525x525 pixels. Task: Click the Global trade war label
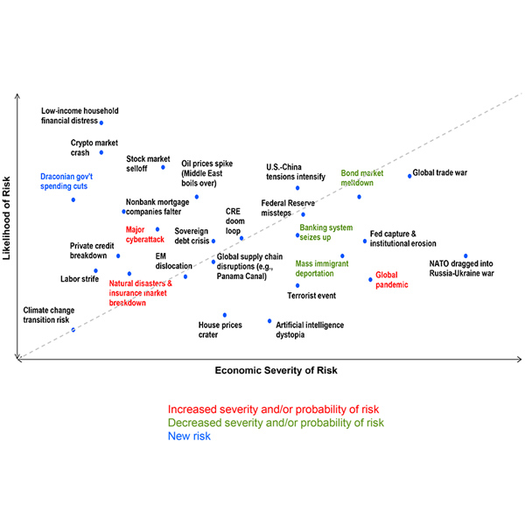[439, 172]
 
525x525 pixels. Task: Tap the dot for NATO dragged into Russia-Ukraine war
[465, 256]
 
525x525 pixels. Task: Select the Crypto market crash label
[94, 146]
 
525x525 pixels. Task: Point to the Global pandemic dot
[370, 280]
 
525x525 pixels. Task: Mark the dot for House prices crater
[225, 315]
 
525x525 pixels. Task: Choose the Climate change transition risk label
[45, 315]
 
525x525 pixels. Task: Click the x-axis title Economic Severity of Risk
[276, 371]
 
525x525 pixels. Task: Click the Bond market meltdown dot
[360, 197]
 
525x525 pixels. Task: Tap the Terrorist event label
[311, 296]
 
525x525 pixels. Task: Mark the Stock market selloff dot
[164, 167]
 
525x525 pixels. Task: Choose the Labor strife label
[80, 279]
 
